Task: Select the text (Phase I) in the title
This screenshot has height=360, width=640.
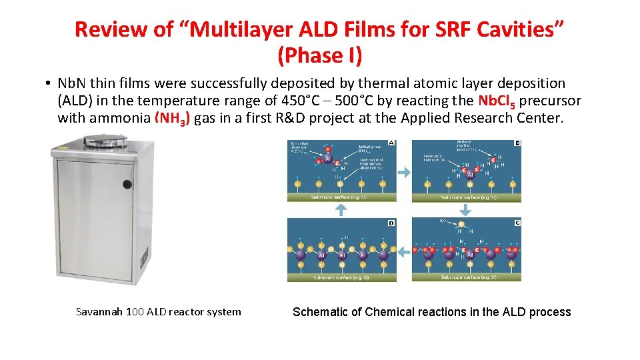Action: [x=320, y=55]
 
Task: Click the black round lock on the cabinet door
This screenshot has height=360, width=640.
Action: [x=127, y=185]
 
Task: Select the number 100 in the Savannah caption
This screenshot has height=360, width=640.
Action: [x=135, y=312]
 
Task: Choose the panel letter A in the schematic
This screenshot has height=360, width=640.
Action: [x=391, y=143]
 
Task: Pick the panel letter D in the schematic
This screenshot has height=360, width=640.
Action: [x=391, y=223]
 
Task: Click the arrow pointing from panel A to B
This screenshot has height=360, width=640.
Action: [x=404, y=172]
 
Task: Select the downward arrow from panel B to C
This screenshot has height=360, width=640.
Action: [x=465, y=209]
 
